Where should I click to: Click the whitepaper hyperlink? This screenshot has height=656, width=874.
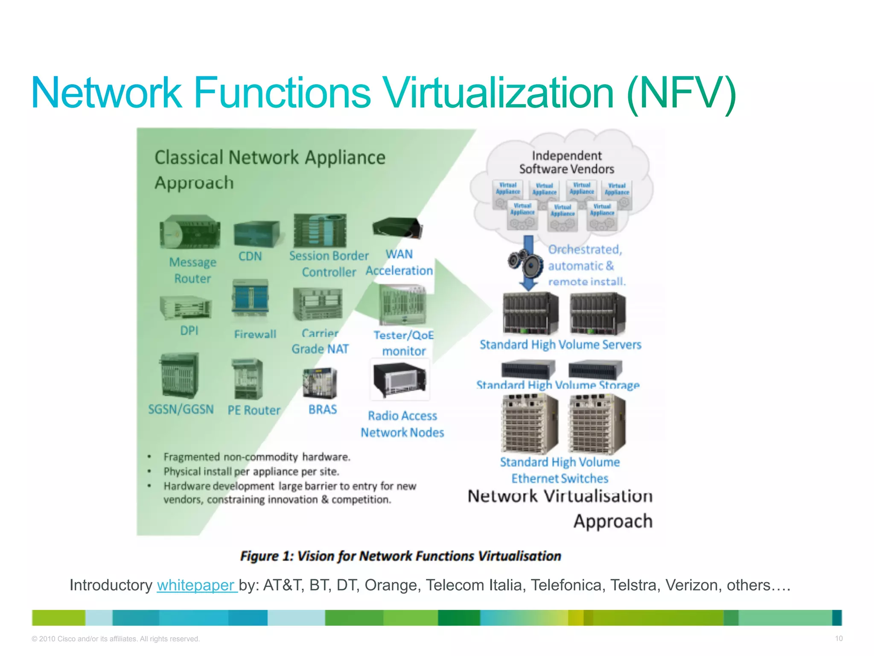(196, 585)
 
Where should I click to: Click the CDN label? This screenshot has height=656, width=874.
(250, 256)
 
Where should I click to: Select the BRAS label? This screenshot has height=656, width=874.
(323, 410)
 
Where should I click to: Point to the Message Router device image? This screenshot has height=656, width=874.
(190, 232)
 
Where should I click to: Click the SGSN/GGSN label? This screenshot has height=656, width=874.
(181, 409)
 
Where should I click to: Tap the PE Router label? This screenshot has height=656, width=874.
(254, 410)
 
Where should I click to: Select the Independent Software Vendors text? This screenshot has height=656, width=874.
(567, 162)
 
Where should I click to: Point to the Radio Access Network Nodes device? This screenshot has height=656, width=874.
(400, 379)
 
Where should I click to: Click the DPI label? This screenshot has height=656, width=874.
(189, 331)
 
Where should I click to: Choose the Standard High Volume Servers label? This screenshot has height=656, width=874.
(560, 345)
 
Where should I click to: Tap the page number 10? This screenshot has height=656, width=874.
(839, 638)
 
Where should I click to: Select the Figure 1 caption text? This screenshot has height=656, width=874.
(400, 556)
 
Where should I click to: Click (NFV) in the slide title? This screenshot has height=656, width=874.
(682, 93)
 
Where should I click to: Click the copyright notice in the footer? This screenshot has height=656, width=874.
(116, 639)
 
